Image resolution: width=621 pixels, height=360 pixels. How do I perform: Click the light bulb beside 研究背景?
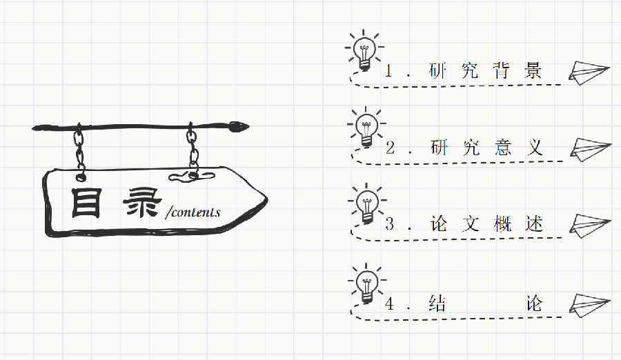click(x=364, y=50)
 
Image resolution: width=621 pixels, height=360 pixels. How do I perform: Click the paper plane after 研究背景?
click(x=589, y=71)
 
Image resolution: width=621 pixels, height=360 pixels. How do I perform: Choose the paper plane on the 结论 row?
click(x=590, y=304)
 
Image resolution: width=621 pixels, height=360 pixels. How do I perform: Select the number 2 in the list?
click(x=390, y=148)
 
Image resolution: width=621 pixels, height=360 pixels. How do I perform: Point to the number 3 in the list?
click(x=390, y=224)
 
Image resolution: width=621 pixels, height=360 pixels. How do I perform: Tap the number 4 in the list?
click(x=390, y=304)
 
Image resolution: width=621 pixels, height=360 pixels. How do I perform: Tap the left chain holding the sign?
click(x=80, y=148)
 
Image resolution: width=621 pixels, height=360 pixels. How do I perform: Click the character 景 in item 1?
click(x=533, y=70)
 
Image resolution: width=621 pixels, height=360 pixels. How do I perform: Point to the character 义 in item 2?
click(x=533, y=148)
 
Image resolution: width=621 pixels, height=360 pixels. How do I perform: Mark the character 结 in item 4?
click(x=437, y=304)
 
